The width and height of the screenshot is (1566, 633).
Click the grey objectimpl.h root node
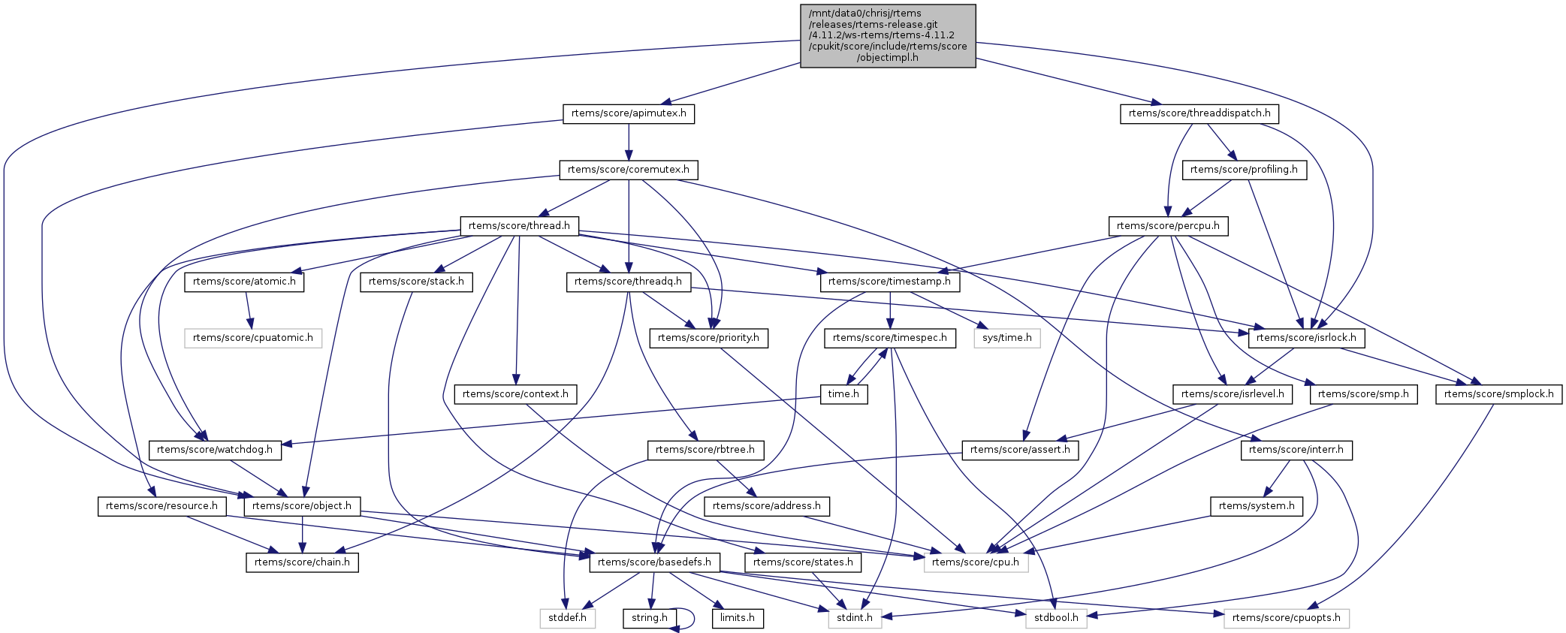888,36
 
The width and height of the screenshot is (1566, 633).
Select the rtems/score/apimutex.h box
629,113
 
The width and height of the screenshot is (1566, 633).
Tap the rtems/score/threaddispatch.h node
1199,113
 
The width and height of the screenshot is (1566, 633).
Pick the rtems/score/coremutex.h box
629,170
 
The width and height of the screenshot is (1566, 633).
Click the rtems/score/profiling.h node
1244,170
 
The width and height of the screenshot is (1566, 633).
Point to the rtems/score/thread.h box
519,225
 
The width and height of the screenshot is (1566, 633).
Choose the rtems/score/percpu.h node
1169,225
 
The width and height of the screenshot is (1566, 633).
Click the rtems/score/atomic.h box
244,282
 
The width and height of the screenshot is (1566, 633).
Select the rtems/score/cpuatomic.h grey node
253,338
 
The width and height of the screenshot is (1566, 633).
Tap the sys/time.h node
1007,338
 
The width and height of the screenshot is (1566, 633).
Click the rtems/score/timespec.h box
890,338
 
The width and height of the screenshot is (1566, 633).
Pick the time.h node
843,394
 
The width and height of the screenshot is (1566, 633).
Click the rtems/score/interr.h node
1297,450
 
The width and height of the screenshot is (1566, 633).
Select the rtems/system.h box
1257,506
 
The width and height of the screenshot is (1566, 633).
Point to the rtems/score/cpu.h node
976,562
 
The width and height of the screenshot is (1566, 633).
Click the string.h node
650,618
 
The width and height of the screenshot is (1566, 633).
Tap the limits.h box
738,618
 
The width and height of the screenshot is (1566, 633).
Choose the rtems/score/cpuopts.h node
1287,618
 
